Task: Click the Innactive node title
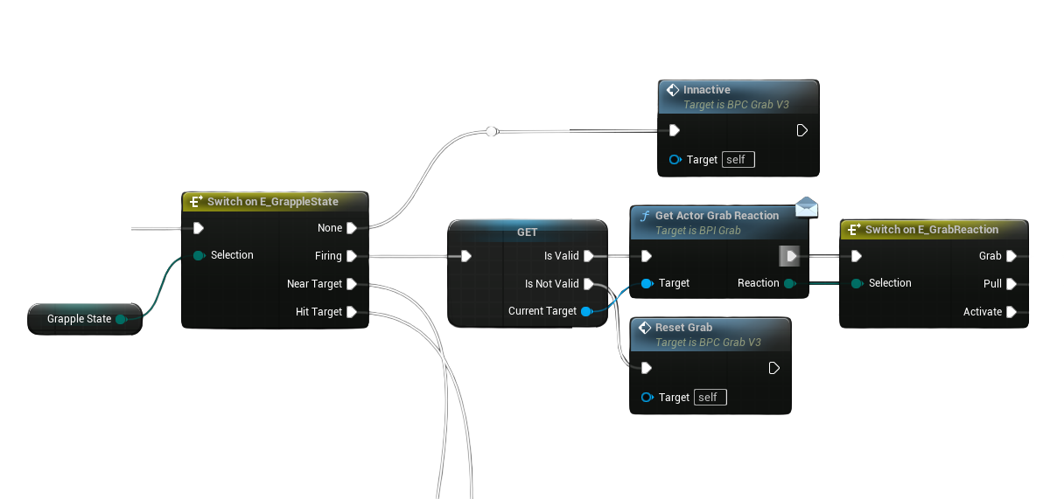[x=706, y=90]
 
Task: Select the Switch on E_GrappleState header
[x=272, y=202]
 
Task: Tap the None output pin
[x=351, y=228]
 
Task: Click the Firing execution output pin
[x=351, y=256]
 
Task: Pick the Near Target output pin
[x=351, y=284]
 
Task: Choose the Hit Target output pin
[x=351, y=312]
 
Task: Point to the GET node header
[x=527, y=232]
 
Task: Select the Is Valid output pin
[x=588, y=256]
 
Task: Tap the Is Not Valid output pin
[x=588, y=284]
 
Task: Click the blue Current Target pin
[x=585, y=311]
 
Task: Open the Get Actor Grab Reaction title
[x=716, y=216]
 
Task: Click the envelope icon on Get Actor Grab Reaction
[x=807, y=207]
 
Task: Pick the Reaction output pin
[x=789, y=283]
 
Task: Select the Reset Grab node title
[x=683, y=328]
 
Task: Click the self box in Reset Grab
[x=710, y=398]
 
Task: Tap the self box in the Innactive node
[x=738, y=160]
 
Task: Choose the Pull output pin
[x=1011, y=284]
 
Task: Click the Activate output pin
[x=1011, y=312]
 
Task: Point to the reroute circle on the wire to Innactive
[x=492, y=131]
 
